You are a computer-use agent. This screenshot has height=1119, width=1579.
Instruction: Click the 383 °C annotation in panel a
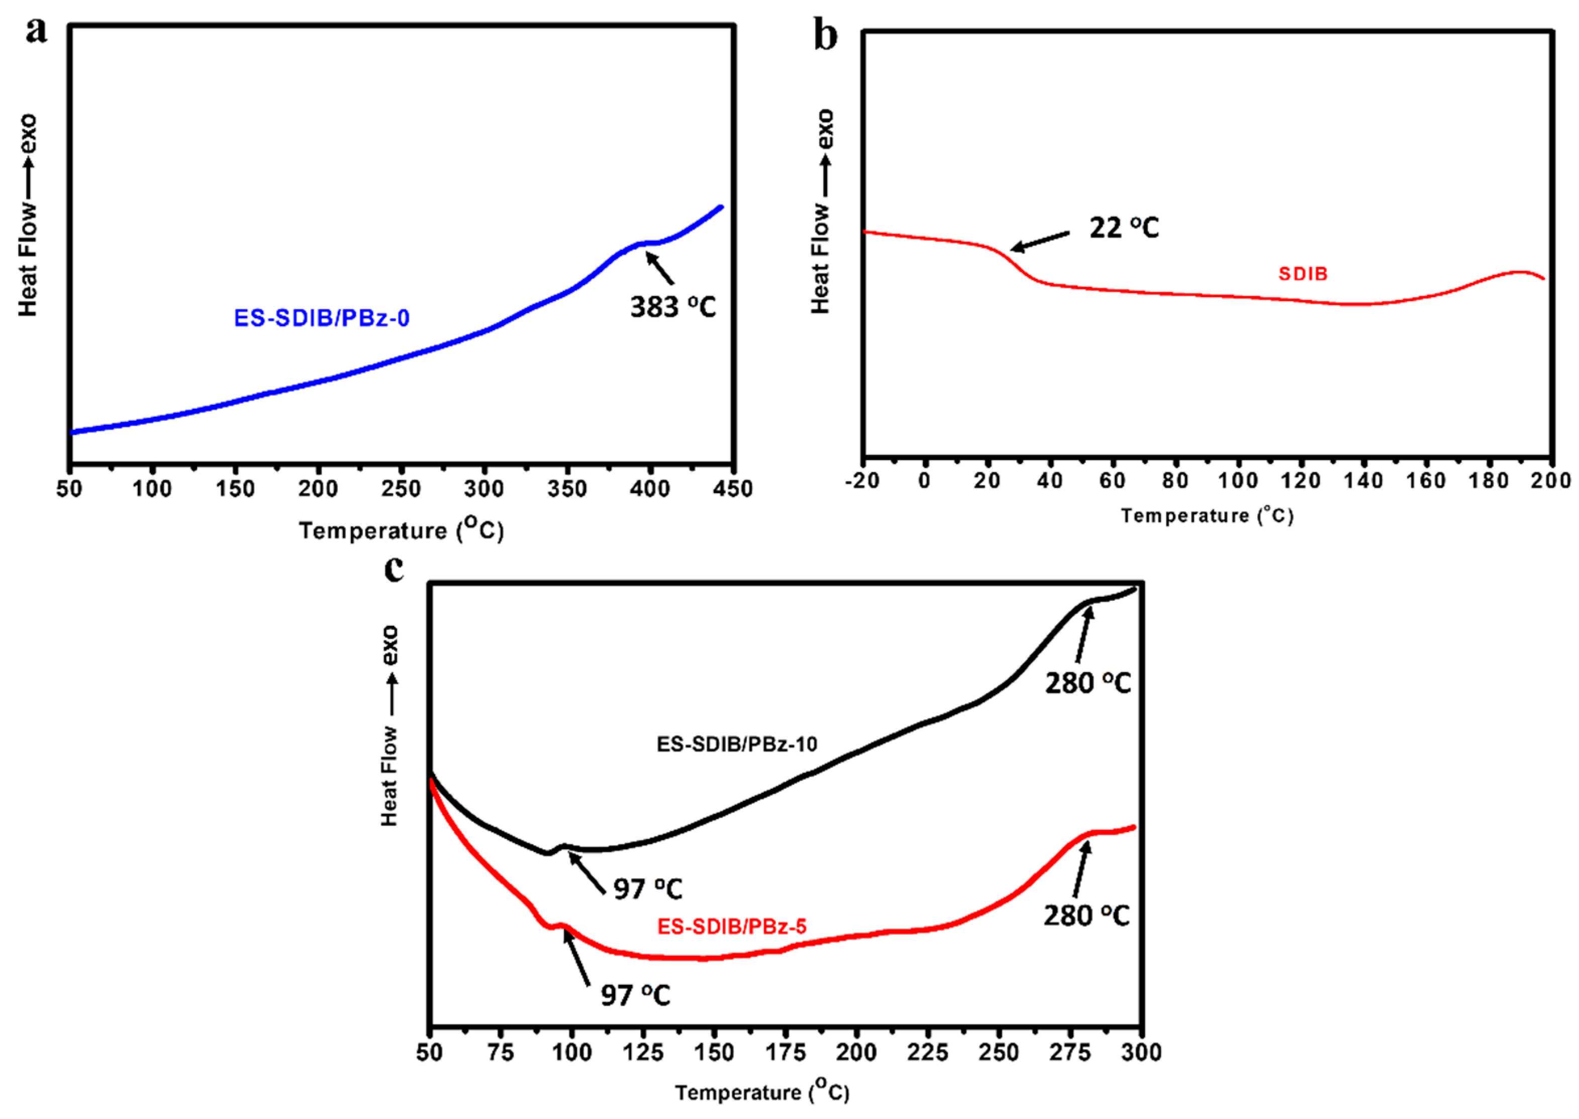pyautogui.click(x=673, y=307)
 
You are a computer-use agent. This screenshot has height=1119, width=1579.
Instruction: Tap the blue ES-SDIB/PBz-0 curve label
pyautogui.click(x=322, y=318)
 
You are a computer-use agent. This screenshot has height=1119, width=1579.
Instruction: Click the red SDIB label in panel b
pyautogui.click(x=1303, y=274)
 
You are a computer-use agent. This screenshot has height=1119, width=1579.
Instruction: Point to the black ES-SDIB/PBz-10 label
pyautogui.click(x=736, y=744)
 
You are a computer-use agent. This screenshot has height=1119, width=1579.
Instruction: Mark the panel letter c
pyautogui.click(x=393, y=569)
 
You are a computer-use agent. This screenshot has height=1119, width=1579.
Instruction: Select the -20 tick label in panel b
pyautogui.click(x=862, y=481)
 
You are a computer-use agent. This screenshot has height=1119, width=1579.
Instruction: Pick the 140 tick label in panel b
pyautogui.click(x=1363, y=481)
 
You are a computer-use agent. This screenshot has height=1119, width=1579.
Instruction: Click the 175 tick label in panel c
pyautogui.click(x=785, y=1053)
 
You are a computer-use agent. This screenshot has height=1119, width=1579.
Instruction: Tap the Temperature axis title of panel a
pyautogui.click(x=401, y=530)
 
